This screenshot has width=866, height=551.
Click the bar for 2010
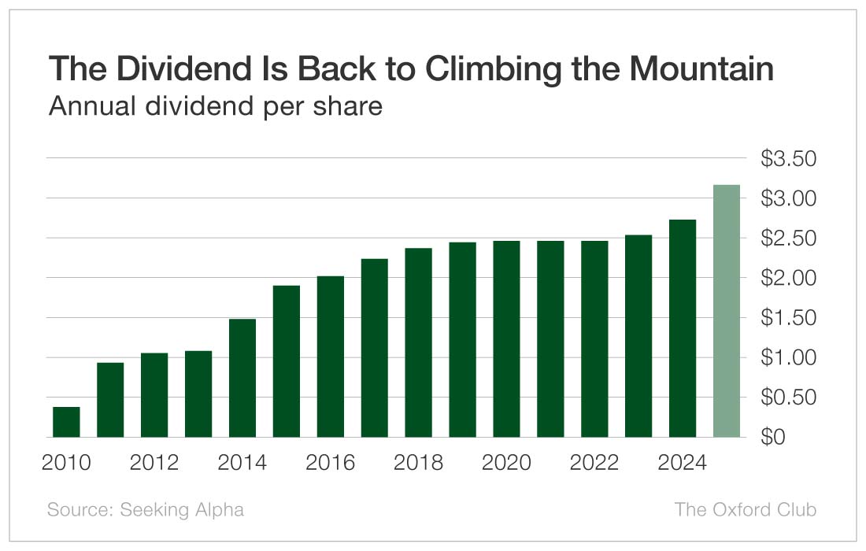66,422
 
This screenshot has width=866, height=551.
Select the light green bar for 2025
727,311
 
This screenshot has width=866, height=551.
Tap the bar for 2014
242,378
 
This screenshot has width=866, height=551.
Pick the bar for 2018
419,342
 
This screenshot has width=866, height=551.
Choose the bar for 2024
683,328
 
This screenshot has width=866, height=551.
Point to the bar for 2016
331,357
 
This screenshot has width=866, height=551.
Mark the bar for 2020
506,338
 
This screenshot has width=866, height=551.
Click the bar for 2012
154,395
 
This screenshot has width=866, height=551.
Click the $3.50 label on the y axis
788,159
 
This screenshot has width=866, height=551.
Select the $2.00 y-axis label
788,278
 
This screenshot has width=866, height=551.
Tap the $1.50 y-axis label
788,318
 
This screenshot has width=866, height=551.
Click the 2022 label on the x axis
594,463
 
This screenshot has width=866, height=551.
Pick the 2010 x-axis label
66,463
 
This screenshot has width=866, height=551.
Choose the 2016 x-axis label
331,463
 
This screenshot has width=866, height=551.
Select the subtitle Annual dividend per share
215,105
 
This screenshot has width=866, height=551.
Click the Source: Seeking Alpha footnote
146,509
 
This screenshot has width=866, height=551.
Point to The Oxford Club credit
745,509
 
